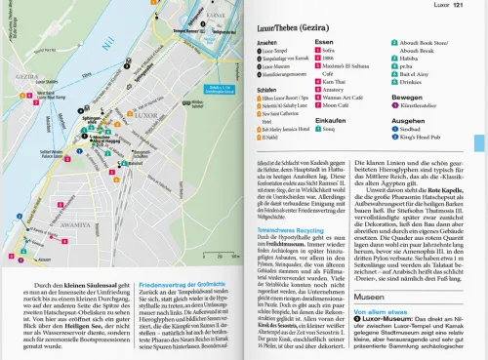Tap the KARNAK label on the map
(x=210, y=14)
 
